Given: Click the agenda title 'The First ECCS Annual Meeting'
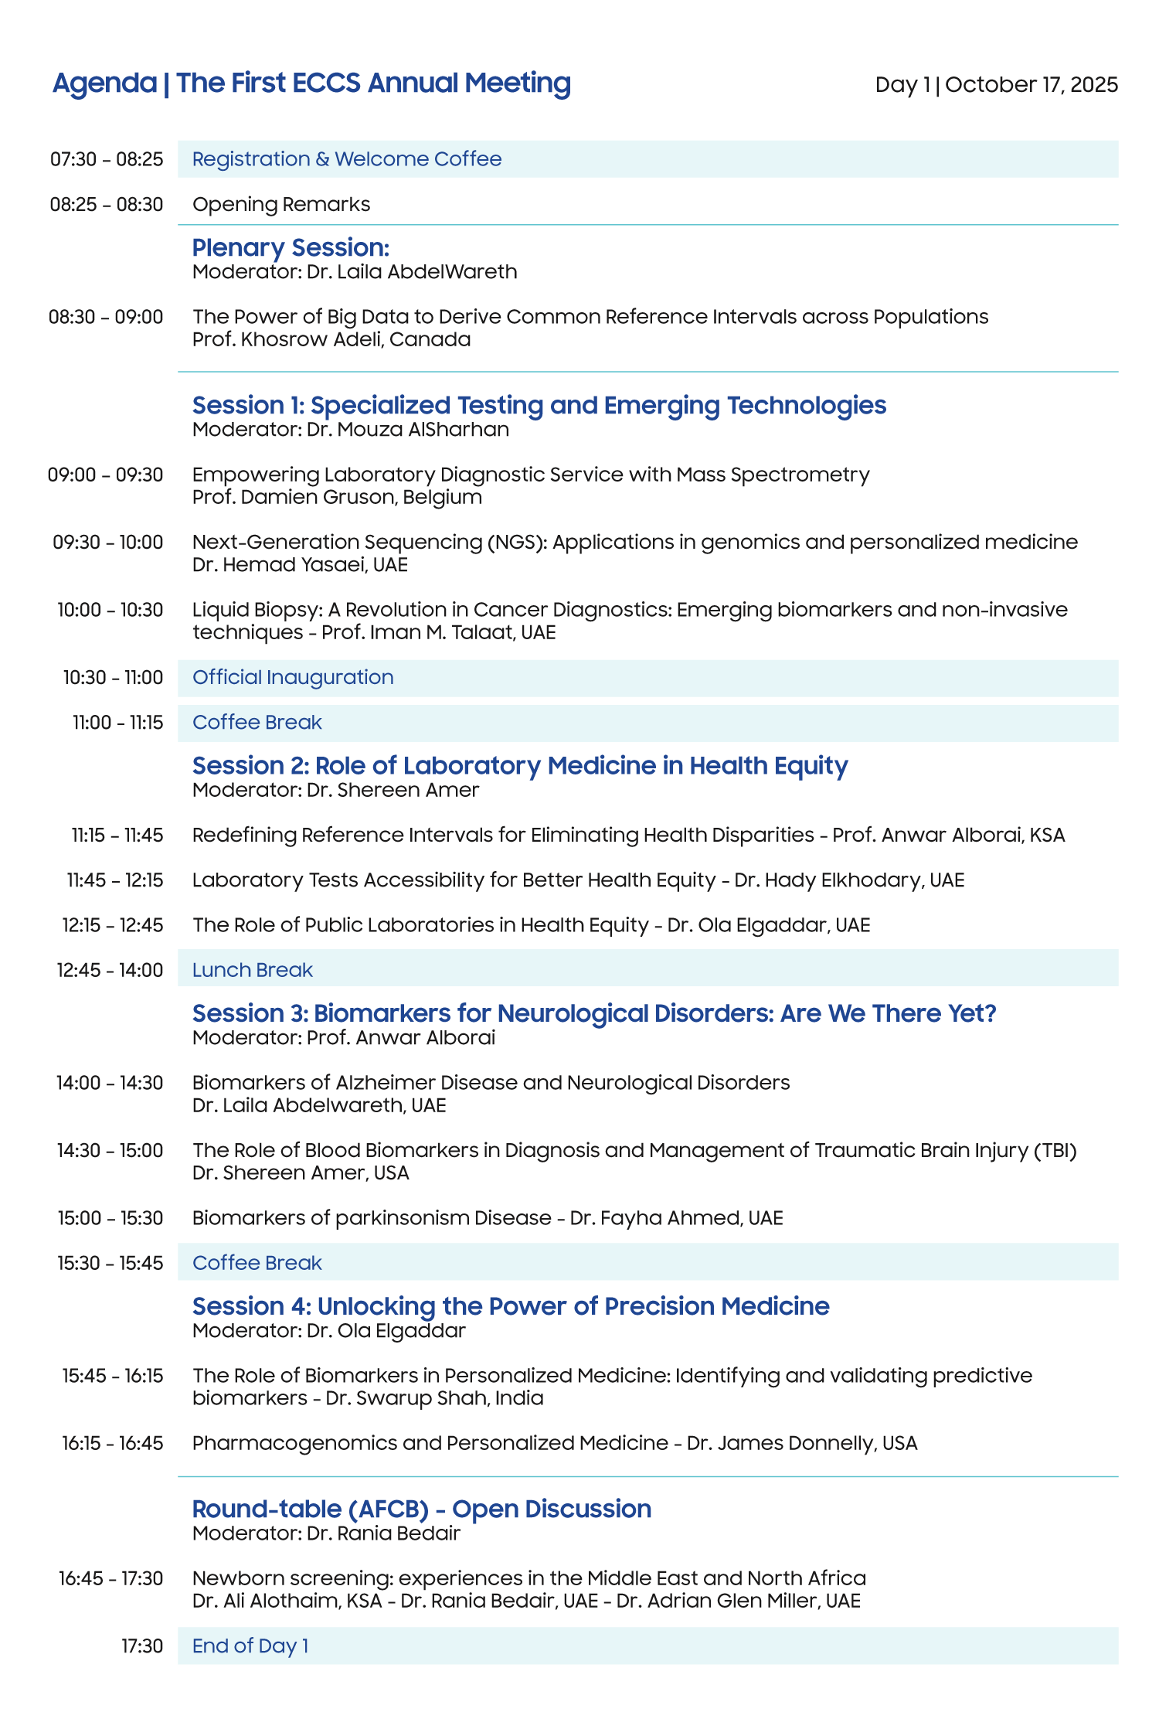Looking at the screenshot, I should (373, 83).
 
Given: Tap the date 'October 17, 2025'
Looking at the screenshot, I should (1031, 84).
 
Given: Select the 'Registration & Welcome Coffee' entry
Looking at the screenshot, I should (347, 159).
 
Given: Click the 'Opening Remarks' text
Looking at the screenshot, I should (281, 204).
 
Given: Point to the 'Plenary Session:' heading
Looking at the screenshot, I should (291, 247).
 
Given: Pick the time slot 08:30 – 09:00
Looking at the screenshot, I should (106, 317).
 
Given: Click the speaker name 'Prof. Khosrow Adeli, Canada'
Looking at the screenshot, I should (331, 339).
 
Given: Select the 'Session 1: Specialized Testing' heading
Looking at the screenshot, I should (539, 405).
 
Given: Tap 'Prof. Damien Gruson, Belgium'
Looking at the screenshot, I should (337, 497).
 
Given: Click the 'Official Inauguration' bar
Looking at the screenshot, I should (293, 678).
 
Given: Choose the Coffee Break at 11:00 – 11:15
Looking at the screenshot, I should (257, 723).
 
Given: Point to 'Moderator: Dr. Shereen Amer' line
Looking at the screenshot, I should (335, 790).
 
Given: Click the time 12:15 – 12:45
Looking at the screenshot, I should (113, 925).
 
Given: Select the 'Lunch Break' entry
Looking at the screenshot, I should (253, 970).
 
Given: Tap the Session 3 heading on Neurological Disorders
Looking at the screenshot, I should (594, 1013).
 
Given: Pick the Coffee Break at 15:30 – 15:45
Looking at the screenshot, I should (257, 1263).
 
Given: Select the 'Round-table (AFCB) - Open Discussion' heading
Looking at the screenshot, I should (421, 1509).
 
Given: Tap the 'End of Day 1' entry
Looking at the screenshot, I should (250, 1646).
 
